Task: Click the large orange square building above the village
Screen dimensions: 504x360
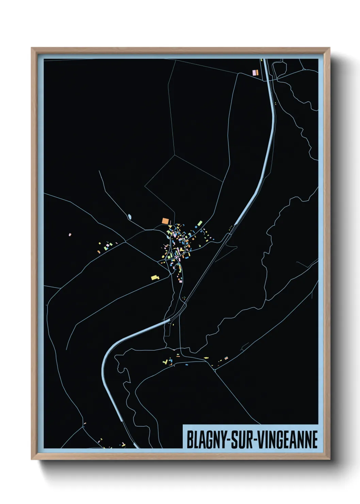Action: pyautogui.click(x=165, y=221)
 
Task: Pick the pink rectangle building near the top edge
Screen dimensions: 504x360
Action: pyautogui.click(x=253, y=72)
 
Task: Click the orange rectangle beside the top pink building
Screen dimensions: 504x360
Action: pyautogui.click(x=257, y=72)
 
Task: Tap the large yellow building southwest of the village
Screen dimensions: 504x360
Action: pyautogui.click(x=155, y=278)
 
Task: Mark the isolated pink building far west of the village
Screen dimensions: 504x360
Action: pyautogui.click(x=70, y=234)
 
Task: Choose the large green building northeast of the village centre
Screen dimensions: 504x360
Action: pyautogui.click(x=200, y=224)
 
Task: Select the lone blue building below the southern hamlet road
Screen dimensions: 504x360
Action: pyautogui.click(x=186, y=365)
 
